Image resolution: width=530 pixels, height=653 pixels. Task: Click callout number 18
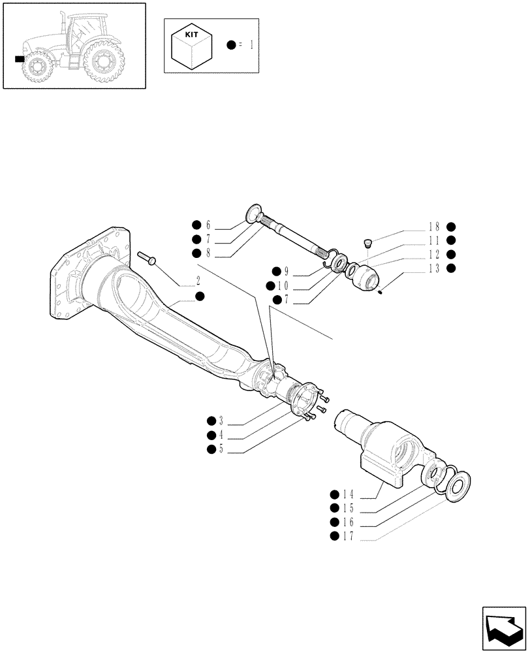[434, 227]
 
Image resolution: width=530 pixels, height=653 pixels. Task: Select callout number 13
[434, 268]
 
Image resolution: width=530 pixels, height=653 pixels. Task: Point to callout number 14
[348, 495]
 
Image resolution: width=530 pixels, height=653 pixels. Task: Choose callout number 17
[348, 536]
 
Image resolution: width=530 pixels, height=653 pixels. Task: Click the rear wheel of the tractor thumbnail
[102, 64]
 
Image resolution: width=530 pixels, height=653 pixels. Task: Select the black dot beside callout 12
[451, 254]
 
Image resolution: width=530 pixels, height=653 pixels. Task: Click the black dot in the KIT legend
[231, 44]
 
